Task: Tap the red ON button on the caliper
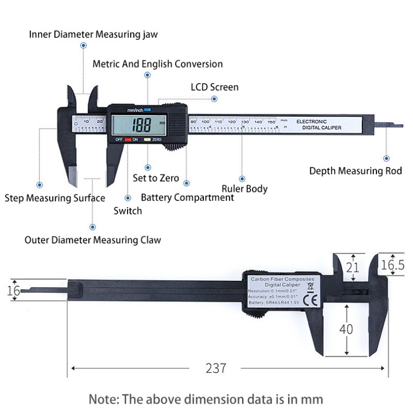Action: pos(128,139)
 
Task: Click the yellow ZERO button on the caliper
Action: pos(147,139)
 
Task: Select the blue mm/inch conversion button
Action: pos(147,109)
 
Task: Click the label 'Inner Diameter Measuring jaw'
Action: pos(93,35)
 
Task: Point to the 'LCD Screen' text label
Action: pos(215,87)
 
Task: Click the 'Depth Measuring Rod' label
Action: pos(355,171)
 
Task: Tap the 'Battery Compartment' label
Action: pos(187,197)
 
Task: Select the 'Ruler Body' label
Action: pos(245,188)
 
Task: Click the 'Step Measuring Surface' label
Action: pos(55,198)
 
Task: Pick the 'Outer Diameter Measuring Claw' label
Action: pos(93,240)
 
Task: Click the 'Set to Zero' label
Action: pos(156,178)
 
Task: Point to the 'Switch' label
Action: pos(128,210)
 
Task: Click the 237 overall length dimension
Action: pos(216,368)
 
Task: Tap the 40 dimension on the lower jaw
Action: pos(346,329)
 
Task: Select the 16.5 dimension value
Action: pos(392,265)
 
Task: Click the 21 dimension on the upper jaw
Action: pos(353,267)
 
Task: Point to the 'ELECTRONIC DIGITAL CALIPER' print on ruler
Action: pos(319,124)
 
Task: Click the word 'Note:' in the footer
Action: pos(105,399)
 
